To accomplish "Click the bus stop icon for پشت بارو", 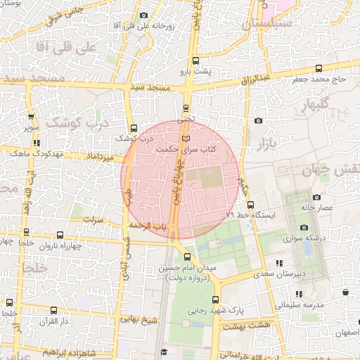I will (x=197, y=60).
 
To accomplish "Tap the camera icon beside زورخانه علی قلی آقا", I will (x=144, y=15).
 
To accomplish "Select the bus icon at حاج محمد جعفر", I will (x=319, y=68).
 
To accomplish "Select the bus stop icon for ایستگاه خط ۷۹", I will (x=250, y=204).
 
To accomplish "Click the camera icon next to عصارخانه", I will (x=316, y=198).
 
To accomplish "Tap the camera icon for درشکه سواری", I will (x=304, y=227).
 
